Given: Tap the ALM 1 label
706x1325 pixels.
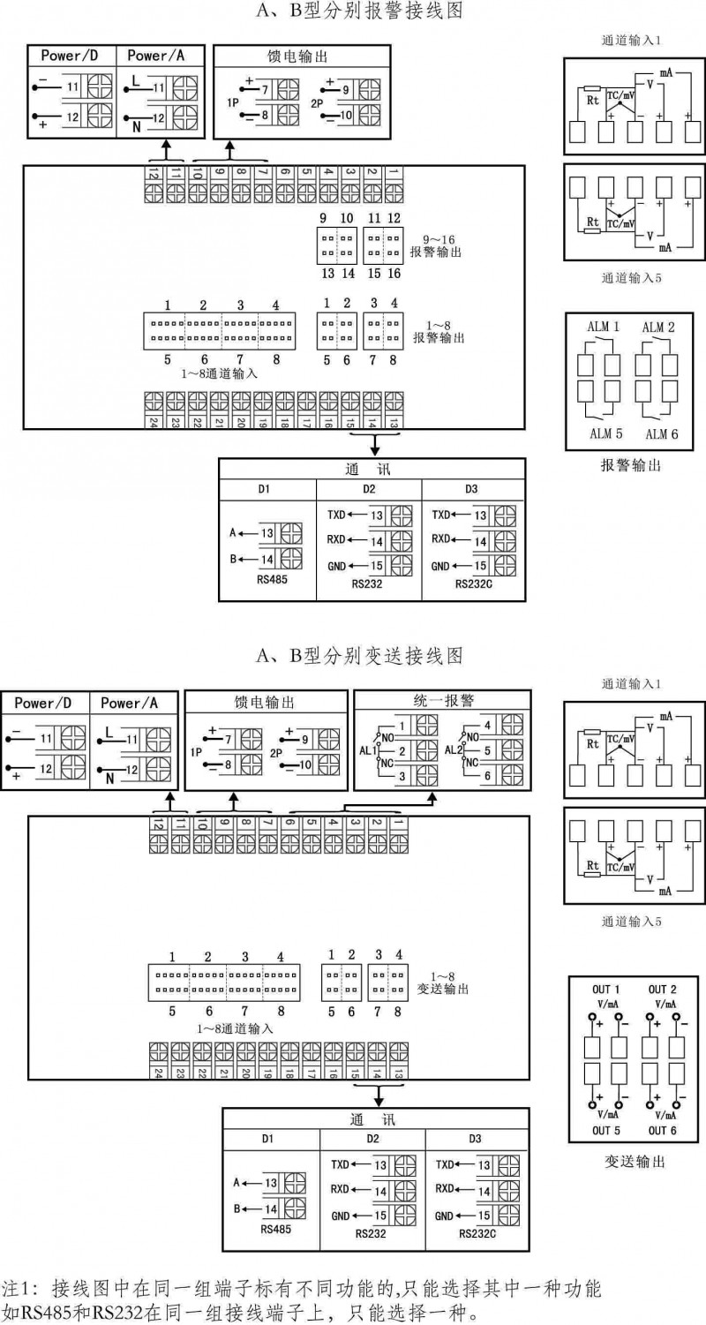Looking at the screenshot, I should point(603,327).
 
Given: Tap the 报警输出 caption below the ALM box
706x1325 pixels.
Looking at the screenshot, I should point(630,464).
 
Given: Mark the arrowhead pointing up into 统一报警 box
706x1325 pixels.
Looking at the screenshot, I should point(433,796).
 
